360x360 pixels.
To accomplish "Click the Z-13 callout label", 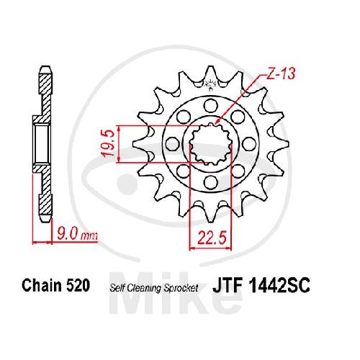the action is pyautogui.click(x=281, y=73).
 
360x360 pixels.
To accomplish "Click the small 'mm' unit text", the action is pyautogui.click(x=89, y=236).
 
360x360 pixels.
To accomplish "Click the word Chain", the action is pyautogui.click(x=42, y=285).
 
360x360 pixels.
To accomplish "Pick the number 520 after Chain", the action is pyautogui.click(x=78, y=285).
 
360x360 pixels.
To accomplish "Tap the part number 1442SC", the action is pyautogui.click(x=279, y=285).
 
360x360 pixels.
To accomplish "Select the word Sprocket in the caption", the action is pyautogui.click(x=181, y=288).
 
